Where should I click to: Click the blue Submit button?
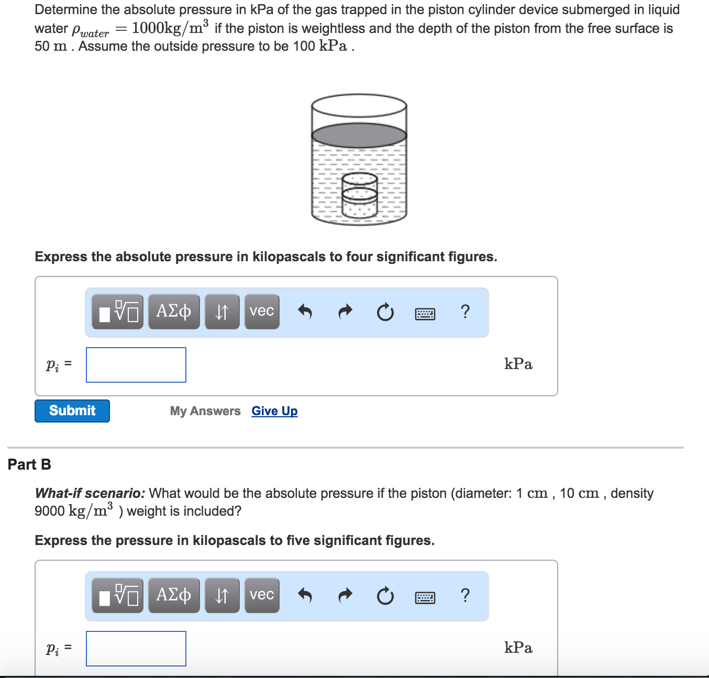pos(72,411)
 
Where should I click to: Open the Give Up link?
pos(274,411)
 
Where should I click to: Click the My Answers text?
pos(205,411)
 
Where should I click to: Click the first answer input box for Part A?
pos(136,365)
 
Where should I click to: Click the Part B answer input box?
pos(136,649)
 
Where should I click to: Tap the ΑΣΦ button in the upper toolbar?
pos(174,312)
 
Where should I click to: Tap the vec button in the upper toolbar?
pos(262,312)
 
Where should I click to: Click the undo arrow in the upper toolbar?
pos(305,312)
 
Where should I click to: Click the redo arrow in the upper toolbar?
pos(345,312)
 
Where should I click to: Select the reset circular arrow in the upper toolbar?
pos(385,313)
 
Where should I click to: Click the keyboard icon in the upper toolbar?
pos(425,314)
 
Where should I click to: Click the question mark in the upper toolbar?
pos(465,312)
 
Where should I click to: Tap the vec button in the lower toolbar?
pos(262,595)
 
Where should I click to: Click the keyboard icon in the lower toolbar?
pos(425,597)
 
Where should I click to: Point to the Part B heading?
pos(29,464)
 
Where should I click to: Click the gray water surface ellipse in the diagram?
pos(359,135)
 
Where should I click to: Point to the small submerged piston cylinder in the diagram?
pos(360,195)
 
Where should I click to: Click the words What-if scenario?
pos(90,493)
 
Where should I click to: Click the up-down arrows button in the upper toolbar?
pos(222,312)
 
